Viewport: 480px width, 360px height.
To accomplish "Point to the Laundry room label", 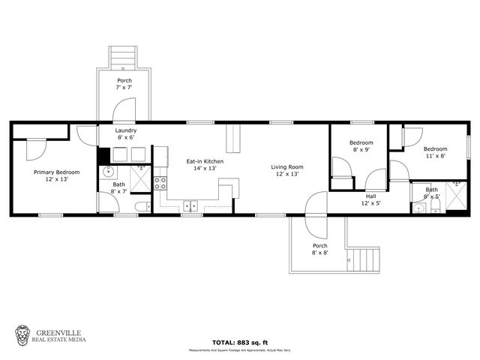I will click(x=125, y=133).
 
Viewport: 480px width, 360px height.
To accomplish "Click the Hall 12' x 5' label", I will click(x=371, y=199).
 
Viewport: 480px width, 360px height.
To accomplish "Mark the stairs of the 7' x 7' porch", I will click(x=124, y=57).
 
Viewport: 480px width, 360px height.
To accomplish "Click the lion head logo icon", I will click(x=23, y=335).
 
